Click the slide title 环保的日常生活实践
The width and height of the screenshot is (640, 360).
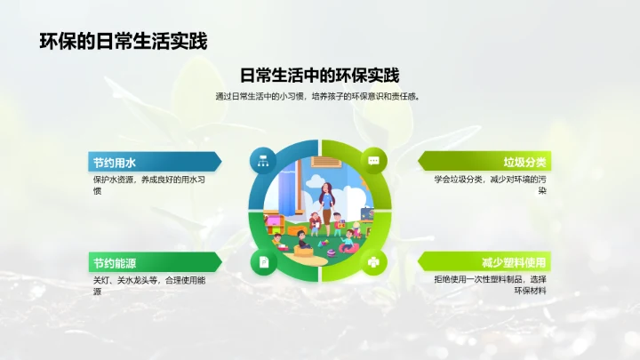click(x=124, y=41)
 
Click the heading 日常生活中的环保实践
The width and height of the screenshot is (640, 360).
click(x=320, y=76)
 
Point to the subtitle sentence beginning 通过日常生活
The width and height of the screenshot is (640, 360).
click(x=320, y=96)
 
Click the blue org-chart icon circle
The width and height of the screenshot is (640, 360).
click(x=263, y=161)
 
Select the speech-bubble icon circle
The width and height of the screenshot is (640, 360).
click(x=373, y=161)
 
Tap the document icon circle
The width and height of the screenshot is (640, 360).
click(x=263, y=262)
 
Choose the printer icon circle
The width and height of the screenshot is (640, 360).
click(x=373, y=262)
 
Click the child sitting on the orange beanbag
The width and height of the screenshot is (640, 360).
click(x=302, y=242)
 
